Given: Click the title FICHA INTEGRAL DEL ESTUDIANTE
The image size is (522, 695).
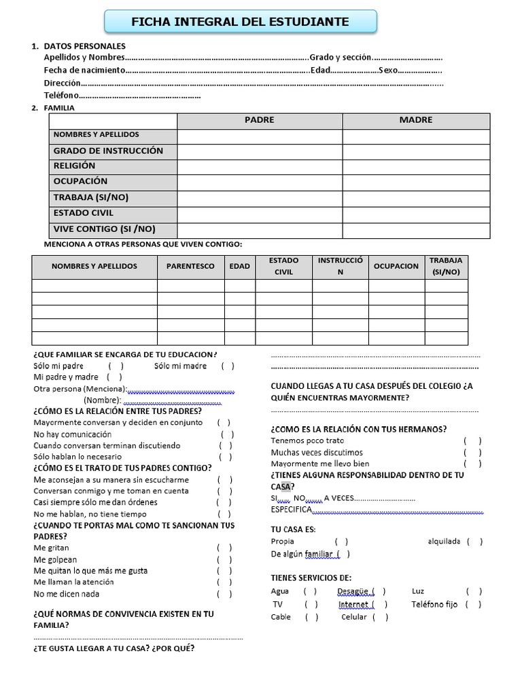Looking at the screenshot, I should point(240,22).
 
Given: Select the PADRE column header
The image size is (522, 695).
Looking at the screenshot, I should point(260,120).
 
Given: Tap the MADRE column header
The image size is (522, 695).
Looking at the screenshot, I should point(416,120).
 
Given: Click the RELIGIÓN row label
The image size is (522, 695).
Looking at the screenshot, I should point(75,166).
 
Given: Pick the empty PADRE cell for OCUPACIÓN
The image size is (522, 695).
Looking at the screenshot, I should point(260,182).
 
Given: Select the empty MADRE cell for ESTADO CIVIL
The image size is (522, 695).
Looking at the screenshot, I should point(416,214).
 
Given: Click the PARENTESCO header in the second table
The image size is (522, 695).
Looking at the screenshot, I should point(190,266).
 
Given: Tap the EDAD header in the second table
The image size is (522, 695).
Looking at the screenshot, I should point(239,266).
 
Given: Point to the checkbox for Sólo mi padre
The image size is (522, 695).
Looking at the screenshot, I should point(116,366).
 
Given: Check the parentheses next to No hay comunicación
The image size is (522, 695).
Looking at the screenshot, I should point(227,434).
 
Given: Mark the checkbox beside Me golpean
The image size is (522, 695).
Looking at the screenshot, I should point(224,560).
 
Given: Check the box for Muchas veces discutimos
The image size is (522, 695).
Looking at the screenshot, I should point(473,453).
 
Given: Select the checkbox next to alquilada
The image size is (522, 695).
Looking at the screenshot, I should point(475,542).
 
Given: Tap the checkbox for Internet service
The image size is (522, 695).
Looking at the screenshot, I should point(380,605).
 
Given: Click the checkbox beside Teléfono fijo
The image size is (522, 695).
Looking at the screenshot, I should point(474,605).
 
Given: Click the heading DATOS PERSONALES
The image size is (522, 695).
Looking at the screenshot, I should point(84,46).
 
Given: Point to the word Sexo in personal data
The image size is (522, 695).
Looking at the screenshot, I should point(389,70).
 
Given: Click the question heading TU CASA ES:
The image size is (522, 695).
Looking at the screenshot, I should point(293,529).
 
